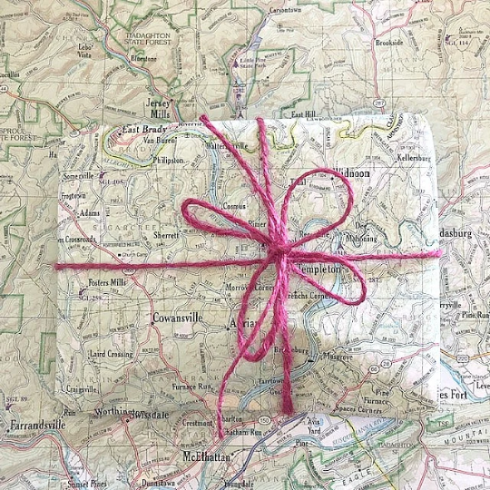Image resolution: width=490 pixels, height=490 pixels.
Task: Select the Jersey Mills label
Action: click(x=156, y=109)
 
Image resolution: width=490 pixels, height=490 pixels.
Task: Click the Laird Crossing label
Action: click(x=111, y=354)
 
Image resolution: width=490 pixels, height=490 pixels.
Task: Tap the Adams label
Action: click(x=91, y=214)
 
